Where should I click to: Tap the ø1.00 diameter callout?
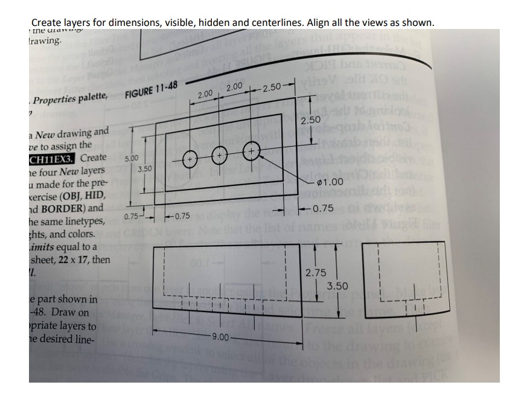(x=330, y=182)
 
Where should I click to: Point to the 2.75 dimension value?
(x=316, y=273)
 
